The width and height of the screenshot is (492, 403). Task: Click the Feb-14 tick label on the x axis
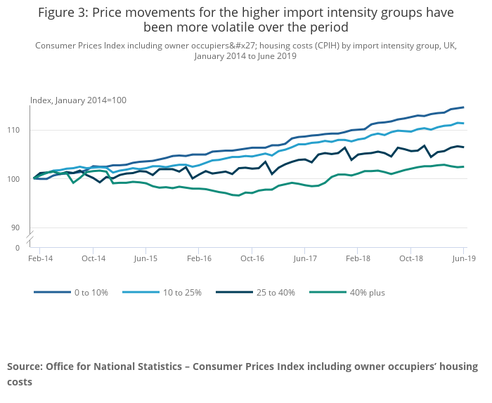tap(39, 259)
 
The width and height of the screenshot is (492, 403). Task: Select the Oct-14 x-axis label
tap(93, 259)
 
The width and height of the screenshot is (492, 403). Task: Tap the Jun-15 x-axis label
tap(145, 259)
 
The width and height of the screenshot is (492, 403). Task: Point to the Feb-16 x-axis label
tap(198, 259)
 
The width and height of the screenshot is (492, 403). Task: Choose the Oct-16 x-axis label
tap(252, 259)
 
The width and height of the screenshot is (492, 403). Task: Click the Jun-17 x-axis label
tap(304, 259)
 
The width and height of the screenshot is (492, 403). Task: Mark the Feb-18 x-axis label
tap(358, 259)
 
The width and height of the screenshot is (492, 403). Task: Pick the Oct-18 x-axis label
tap(410, 259)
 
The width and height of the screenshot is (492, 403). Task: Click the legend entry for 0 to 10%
tap(91, 292)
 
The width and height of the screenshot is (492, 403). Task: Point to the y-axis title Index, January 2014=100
tap(78, 100)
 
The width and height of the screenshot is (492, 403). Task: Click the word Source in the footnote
tap(25, 366)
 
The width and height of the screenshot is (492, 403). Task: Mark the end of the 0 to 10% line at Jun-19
tap(463, 107)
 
